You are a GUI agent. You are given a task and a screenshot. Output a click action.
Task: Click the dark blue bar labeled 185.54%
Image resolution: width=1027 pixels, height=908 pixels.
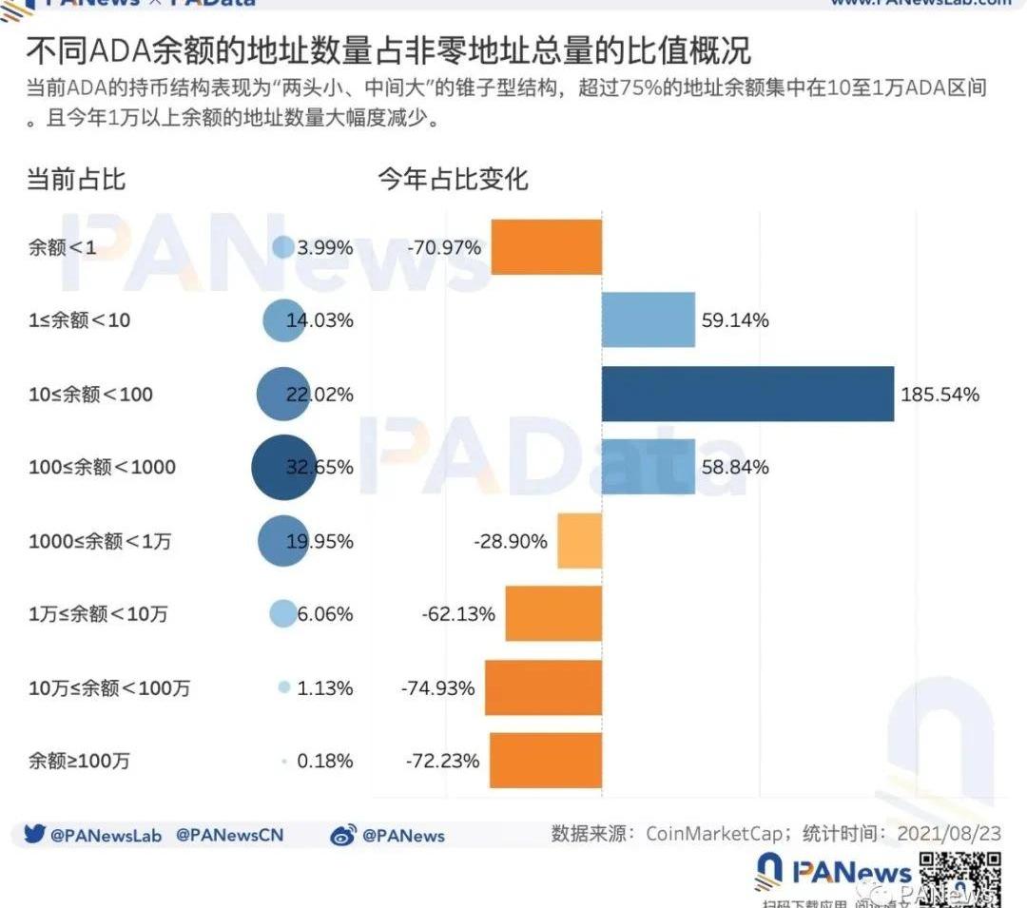(x=747, y=394)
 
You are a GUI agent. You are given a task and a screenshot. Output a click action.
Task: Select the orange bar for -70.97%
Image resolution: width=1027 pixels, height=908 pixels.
(x=546, y=247)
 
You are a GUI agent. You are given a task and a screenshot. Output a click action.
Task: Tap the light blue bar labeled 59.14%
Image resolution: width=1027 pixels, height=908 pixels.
(x=648, y=320)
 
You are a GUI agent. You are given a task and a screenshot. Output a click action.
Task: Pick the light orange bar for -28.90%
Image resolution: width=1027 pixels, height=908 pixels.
(x=579, y=541)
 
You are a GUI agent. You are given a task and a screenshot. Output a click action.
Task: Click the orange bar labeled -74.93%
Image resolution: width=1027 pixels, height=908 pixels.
(x=543, y=687)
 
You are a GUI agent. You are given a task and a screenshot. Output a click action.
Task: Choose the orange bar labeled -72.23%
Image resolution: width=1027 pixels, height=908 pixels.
(x=545, y=761)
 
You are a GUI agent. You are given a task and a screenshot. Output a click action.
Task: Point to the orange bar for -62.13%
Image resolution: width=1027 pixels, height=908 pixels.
(x=552, y=614)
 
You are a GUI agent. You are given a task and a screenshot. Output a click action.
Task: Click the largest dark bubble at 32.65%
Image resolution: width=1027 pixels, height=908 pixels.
(x=283, y=467)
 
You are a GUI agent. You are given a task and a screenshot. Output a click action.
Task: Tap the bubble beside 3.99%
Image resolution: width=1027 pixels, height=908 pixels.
(x=283, y=247)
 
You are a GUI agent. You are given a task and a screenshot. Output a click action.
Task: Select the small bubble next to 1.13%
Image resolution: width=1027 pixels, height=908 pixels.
(x=283, y=687)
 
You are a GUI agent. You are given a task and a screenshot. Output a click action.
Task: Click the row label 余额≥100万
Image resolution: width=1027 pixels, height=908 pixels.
(x=79, y=761)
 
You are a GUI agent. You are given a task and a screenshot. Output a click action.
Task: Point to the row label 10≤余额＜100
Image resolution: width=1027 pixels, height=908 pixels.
(x=90, y=394)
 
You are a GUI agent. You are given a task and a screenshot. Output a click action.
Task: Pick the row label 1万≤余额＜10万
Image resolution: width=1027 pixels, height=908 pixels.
(x=98, y=614)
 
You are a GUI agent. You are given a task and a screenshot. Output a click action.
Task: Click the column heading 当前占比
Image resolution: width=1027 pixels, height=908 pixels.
(x=75, y=179)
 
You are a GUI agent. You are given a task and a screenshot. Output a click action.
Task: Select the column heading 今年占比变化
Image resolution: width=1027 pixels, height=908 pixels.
(x=453, y=179)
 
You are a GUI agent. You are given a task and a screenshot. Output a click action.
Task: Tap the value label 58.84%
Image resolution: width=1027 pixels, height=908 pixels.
(x=735, y=467)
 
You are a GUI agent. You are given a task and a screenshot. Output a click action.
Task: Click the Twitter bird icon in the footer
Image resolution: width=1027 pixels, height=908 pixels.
(x=35, y=835)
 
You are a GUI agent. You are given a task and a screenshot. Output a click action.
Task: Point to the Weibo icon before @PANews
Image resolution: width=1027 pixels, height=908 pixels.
(x=342, y=836)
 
